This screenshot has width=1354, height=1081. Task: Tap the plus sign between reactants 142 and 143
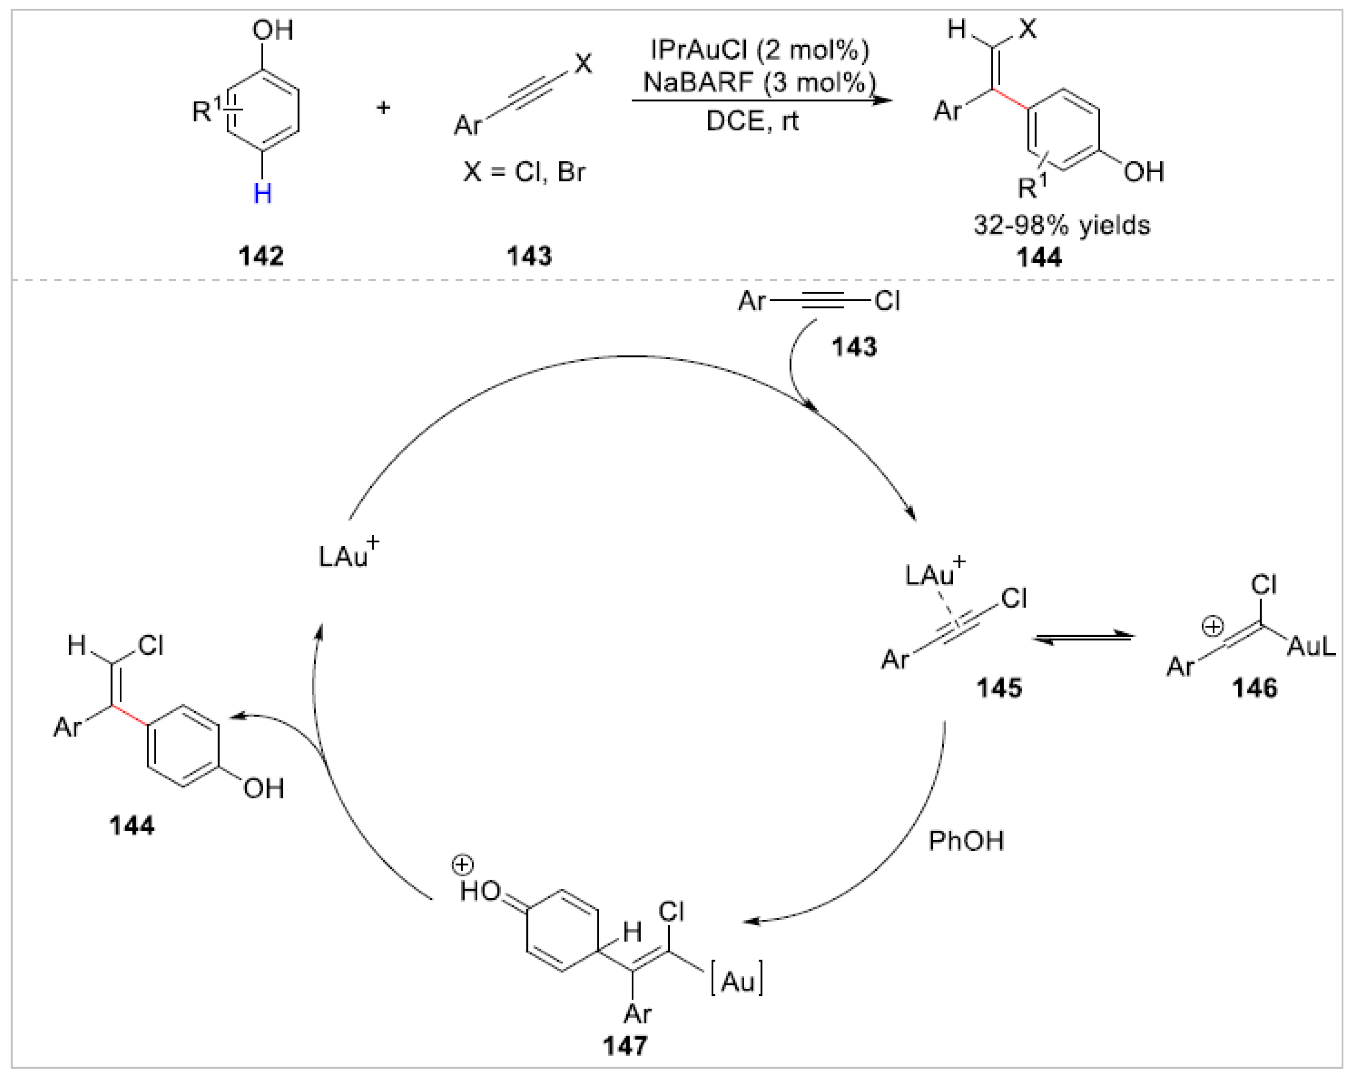click(383, 107)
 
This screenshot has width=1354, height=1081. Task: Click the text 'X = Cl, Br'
click(524, 171)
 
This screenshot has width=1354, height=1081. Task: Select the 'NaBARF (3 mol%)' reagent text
click(759, 82)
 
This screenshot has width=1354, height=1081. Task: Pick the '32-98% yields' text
click(1061, 225)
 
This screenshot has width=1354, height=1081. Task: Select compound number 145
click(999, 688)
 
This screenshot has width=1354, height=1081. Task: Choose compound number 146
click(1254, 688)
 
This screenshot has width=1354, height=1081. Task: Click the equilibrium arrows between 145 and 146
click(1083, 638)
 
